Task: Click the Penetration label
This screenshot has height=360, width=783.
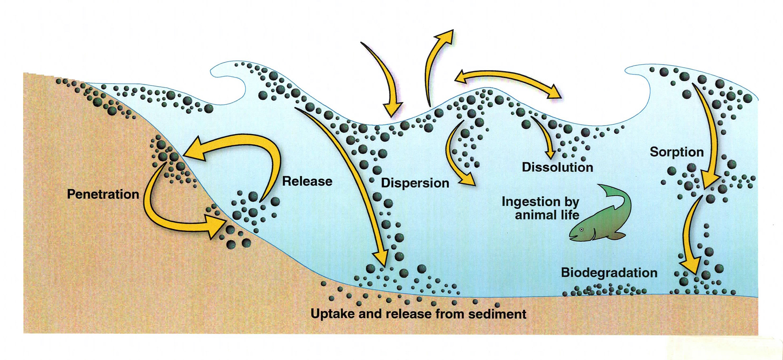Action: coord(103,194)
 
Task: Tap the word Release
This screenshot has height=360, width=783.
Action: coord(307,181)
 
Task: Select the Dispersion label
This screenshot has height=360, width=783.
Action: coord(415,183)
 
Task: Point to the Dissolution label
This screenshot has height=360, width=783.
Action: coord(557,167)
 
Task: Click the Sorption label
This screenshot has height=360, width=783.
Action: coord(677,152)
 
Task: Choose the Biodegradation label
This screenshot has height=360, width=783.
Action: coord(609,272)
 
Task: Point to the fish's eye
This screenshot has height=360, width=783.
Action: coord(582,230)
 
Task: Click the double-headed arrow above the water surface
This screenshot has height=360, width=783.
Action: coord(508,82)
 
